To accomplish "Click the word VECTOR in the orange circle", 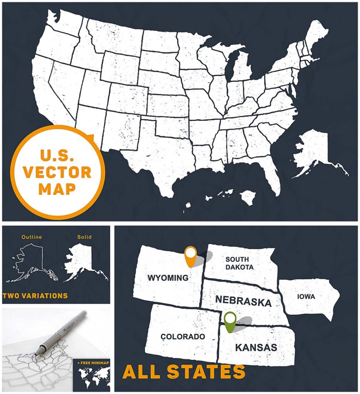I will coord(57,172).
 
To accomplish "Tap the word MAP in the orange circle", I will coord(57,189).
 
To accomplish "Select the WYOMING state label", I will coord(168,278).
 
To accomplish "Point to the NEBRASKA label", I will coord(243,301).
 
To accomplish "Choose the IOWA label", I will coord(306,297).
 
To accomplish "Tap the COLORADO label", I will coord(182,336).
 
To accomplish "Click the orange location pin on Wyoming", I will coord(190,255).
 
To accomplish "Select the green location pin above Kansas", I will coord(230,321).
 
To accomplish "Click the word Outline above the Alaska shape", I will coord(31,237).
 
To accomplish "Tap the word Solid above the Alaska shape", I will coord(84,237).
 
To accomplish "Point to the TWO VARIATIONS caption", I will coord(35,296).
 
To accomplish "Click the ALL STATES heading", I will coord(184,372).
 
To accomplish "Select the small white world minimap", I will coord(91,376).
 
